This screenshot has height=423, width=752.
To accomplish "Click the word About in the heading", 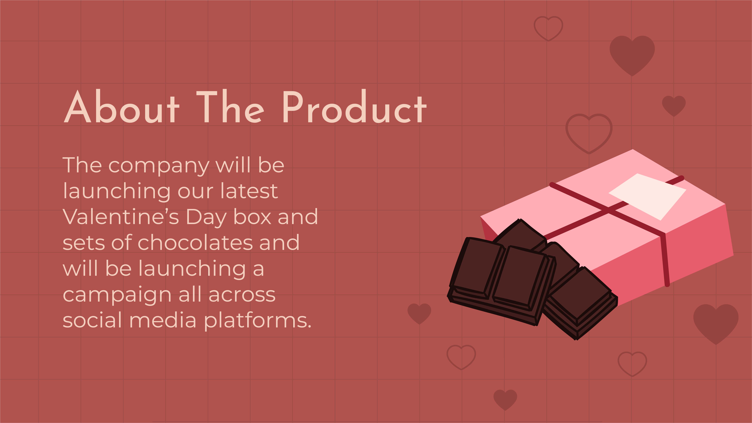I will [x=121, y=107].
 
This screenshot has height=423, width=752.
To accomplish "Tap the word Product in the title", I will [x=354, y=107].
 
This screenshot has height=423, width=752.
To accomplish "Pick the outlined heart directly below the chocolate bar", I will [x=461, y=357].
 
